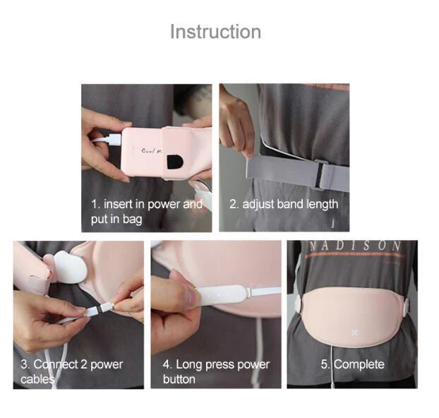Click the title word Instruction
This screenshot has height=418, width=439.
pos(215,32)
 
